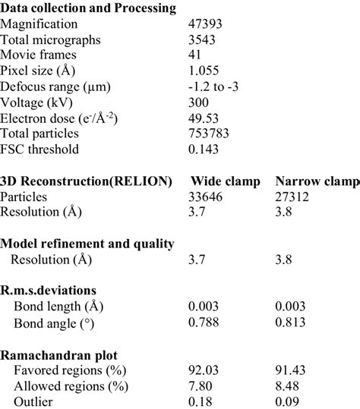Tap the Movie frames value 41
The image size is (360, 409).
[196, 55]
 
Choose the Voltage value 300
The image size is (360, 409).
[200, 102]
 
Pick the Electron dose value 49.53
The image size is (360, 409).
[206, 118]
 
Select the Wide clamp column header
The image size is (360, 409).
[226, 181]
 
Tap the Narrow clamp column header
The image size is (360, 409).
[317, 181]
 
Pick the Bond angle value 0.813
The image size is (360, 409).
[292, 323]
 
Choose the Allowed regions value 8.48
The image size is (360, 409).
[289, 386]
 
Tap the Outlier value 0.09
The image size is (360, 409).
[289, 401]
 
